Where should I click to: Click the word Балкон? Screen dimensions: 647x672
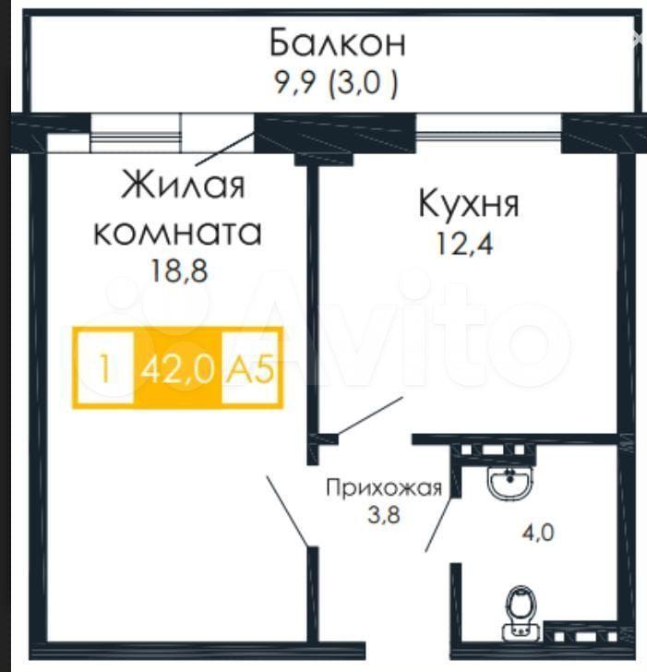[337, 42]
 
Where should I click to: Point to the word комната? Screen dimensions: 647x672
[177, 233]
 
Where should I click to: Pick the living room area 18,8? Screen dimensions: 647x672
[179, 270]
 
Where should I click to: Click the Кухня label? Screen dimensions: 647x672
[469, 205]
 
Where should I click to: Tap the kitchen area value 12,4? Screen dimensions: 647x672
[464, 244]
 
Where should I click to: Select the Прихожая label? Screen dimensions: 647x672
[383, 488]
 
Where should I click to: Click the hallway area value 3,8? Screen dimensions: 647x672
[383, 514]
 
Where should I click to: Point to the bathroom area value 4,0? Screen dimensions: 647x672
[538, 533]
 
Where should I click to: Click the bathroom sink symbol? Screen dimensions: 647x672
[509, 483]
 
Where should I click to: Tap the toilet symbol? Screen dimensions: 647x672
[521, 613]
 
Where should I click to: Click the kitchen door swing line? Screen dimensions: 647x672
[370, 415]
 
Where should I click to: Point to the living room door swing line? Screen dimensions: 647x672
[288, 511]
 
